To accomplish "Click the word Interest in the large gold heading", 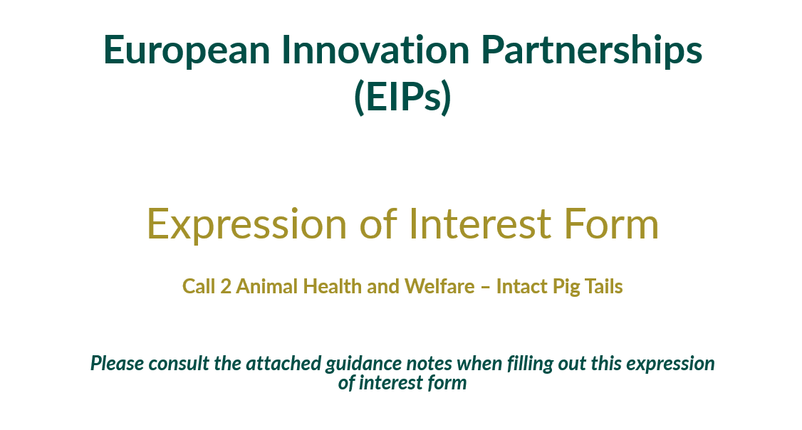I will [x=479, y=224].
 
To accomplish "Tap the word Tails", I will [x=603, y=287].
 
